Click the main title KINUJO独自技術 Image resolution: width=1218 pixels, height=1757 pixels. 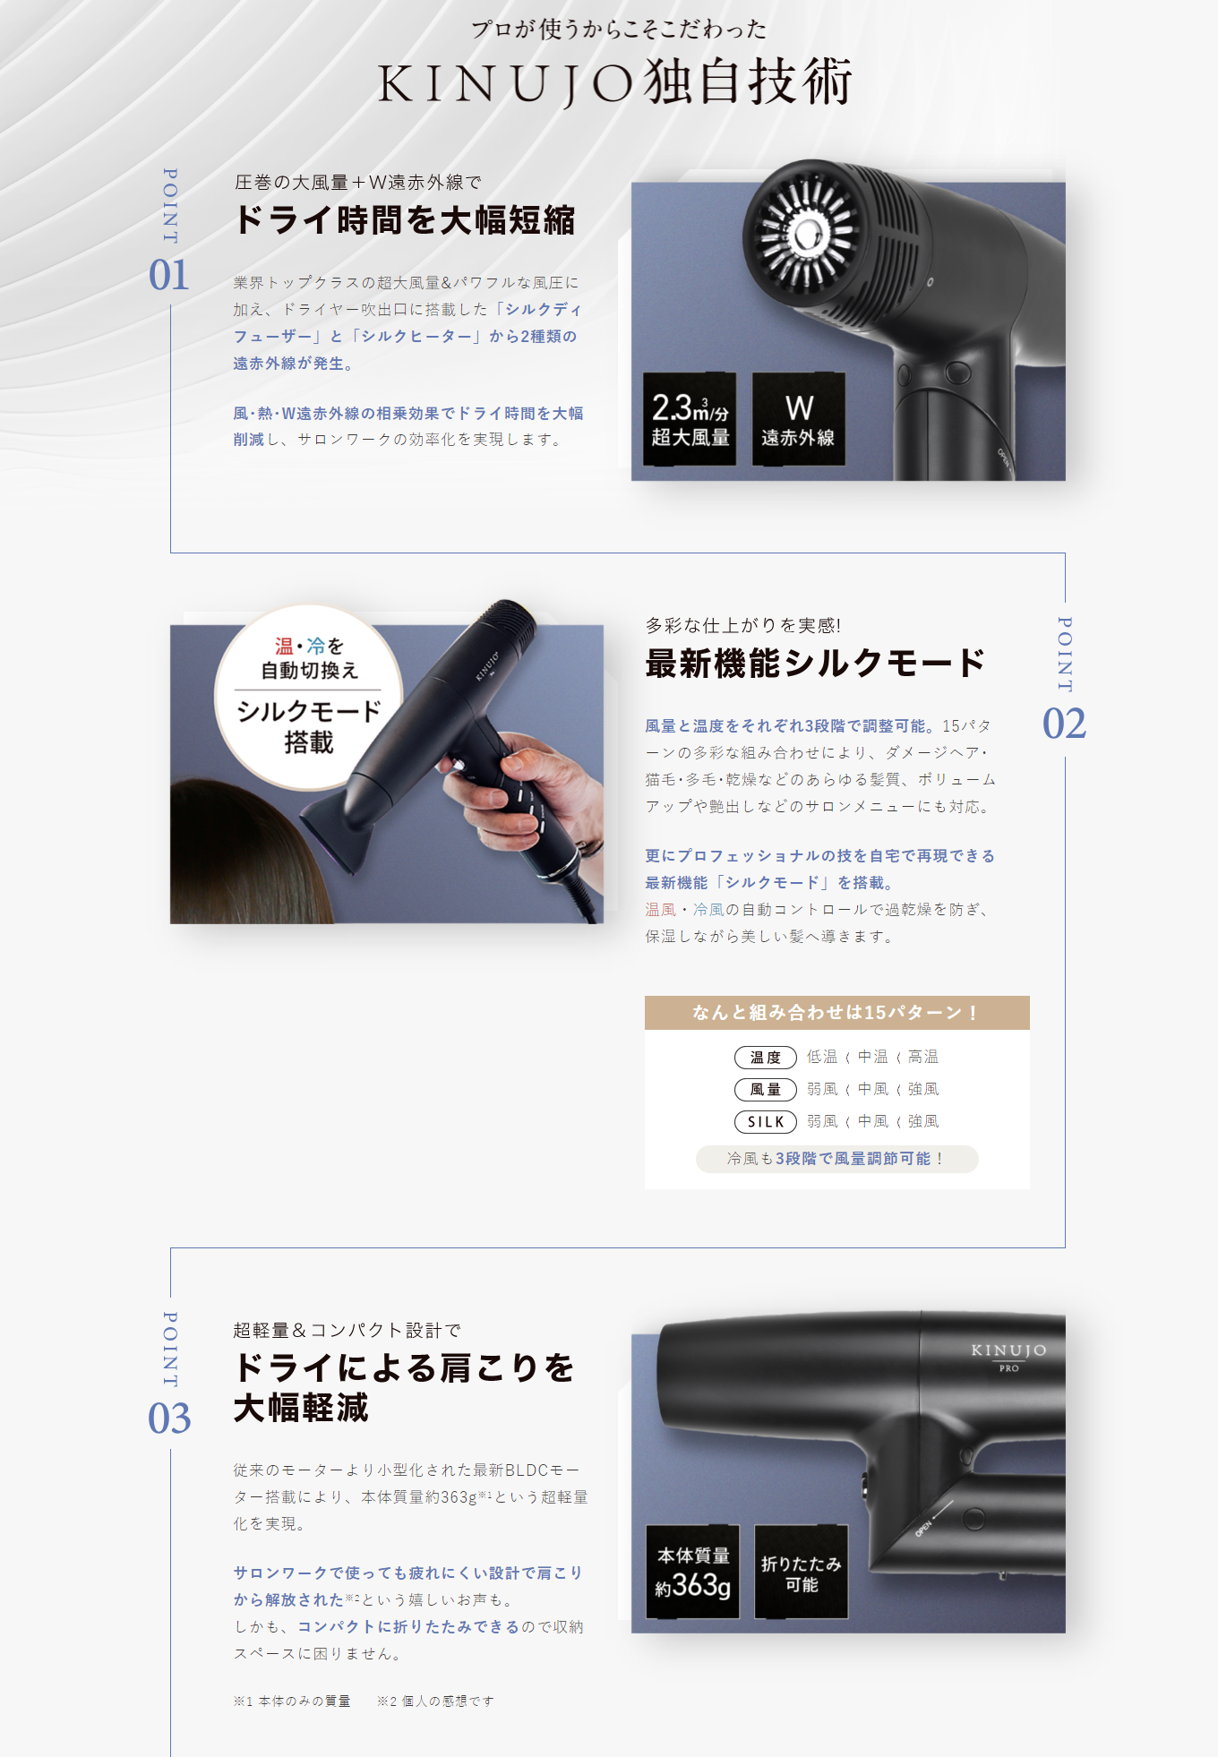click(614, 82)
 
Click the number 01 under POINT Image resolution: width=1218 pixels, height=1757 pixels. click(169, 275)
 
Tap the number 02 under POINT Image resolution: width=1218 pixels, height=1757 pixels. click(1064, 724)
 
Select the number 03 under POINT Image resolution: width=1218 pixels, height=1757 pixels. click(169, 1418)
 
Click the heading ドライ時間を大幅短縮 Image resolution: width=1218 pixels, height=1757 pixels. click(405, 220)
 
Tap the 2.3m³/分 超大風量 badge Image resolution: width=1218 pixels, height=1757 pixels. click(690, 419)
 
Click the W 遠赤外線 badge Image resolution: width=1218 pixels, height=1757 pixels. click(799, 419)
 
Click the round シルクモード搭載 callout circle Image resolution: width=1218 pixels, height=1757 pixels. click(309, 697)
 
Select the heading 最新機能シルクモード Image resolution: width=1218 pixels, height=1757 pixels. click(815, 664)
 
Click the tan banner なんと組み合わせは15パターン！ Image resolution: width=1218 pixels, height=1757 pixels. click(837, 1013)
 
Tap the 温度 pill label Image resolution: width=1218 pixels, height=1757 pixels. click(766, 1058)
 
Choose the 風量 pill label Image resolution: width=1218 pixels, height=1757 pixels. click(766, 1090)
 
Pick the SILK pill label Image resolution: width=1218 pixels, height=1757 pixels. click(766, 1122)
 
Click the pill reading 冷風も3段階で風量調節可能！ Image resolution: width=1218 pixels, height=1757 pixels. click(837, 1159)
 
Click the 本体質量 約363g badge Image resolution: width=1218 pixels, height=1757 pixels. click(693, 1572)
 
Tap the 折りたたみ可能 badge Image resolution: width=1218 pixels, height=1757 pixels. click(802, 1572)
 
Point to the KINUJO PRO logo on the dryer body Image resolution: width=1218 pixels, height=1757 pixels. click(1008, 1356)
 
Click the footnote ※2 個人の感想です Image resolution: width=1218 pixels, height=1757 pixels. click(435, 1701)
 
